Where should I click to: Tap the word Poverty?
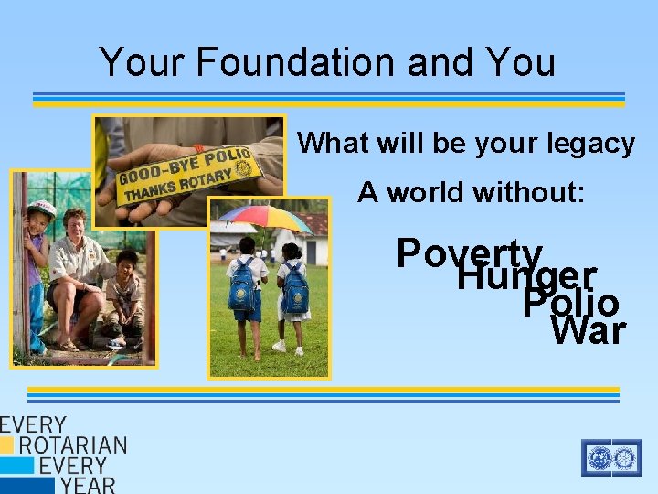tap(470, 253)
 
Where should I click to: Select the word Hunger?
tap(526, 276)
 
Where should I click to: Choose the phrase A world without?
tap(471, 192)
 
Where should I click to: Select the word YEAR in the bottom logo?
tap(88, 484)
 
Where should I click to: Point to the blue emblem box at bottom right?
tap(611, 457)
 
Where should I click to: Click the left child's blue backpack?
tap(243, 284)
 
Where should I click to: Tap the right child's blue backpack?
tap(295, 286)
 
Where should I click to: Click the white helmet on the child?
tap(41, 209)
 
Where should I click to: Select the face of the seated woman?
tap(74, 223)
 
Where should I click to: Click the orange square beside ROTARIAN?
tap(7, 446)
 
